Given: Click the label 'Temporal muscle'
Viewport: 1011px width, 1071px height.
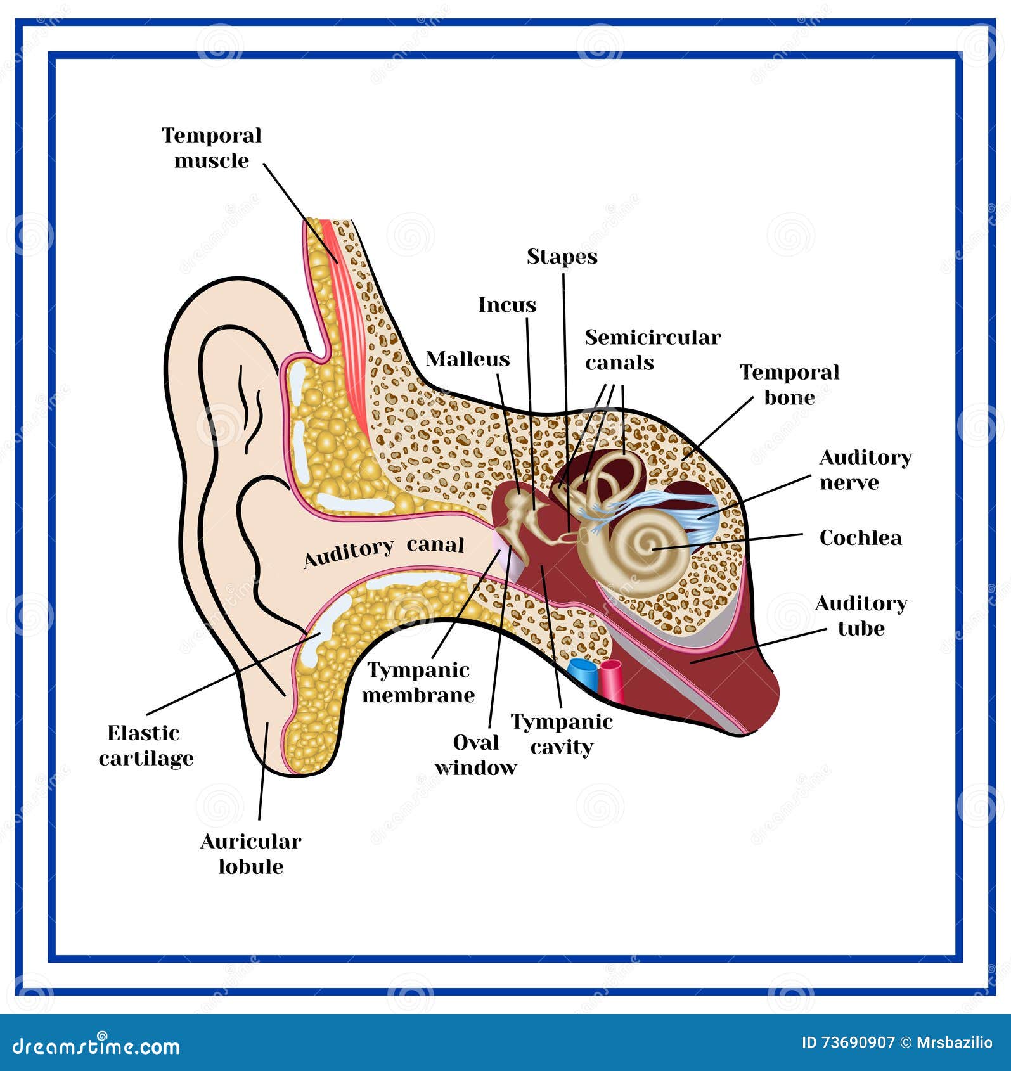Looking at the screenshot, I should [x=211, y=148].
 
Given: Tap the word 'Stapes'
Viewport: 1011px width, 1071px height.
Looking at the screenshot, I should [x=562, y=257].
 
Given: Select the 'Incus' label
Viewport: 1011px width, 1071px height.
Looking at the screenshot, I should [x=507, y=305].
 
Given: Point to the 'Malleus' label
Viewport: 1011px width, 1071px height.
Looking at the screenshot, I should [x=468, y=359].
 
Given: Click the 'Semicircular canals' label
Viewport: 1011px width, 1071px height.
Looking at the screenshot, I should [x=652, y=350].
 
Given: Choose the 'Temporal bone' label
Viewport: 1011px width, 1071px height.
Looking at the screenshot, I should [x=789, y=385].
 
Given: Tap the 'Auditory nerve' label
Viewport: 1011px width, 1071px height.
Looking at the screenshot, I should [x=865, y=470].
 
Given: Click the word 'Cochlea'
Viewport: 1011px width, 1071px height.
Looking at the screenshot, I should [x=860, y=538].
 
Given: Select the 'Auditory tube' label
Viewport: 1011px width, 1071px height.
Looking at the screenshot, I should [x=861, y=615].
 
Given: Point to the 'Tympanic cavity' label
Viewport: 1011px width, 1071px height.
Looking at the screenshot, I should [x=562, y=734].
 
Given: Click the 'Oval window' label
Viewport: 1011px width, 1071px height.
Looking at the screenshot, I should [x=476, y=755].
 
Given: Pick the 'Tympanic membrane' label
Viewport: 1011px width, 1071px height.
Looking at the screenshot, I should [x=418, y=683].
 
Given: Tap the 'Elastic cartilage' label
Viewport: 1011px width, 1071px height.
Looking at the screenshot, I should [x=146, y=746].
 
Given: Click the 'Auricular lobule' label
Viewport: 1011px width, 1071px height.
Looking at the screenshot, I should [x=250, y=854].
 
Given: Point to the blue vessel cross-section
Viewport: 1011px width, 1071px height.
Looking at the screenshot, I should [x=582, y=674].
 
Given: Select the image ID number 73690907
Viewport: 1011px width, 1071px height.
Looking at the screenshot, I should [x=856, y=1042].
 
